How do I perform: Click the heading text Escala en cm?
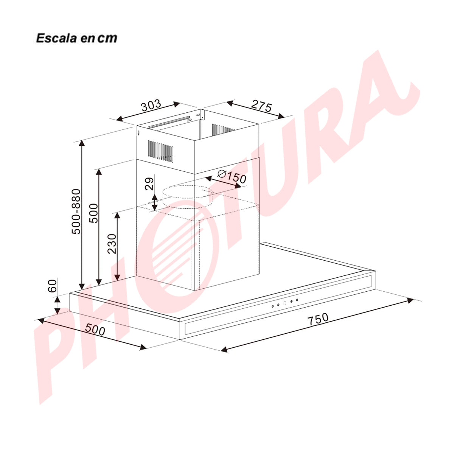coord(77,38)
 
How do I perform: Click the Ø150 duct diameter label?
coord(232,176)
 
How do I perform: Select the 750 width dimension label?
coord(317,319)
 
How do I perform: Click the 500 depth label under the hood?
coord(95,330)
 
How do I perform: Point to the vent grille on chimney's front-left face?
coord(161,150)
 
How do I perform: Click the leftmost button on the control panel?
coord(272,306)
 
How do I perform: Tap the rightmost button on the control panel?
coord(297,300)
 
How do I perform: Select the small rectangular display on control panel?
coord(285,303)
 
